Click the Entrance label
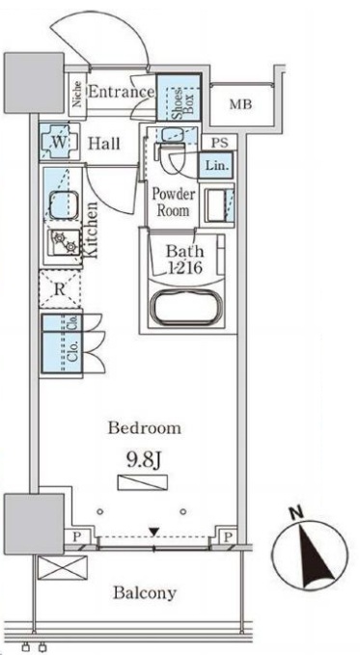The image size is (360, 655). tap(122, 92)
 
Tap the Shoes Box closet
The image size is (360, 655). tap(179, 97)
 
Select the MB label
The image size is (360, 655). tap(241, 104)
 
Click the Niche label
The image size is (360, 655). tap(78, 94)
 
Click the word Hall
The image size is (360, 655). tap(103, 144)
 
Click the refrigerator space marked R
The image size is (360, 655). tap(60, 289)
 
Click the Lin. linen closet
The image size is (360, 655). tap(216, 165)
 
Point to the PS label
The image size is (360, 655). tap(219, 143)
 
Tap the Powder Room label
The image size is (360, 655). tap(173, 202)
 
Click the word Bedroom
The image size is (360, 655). tap(145, 428)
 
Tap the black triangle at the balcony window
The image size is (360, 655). tap(154, 532)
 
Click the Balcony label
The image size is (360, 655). tap(145, 592)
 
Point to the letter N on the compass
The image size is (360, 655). tap(297, 512)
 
